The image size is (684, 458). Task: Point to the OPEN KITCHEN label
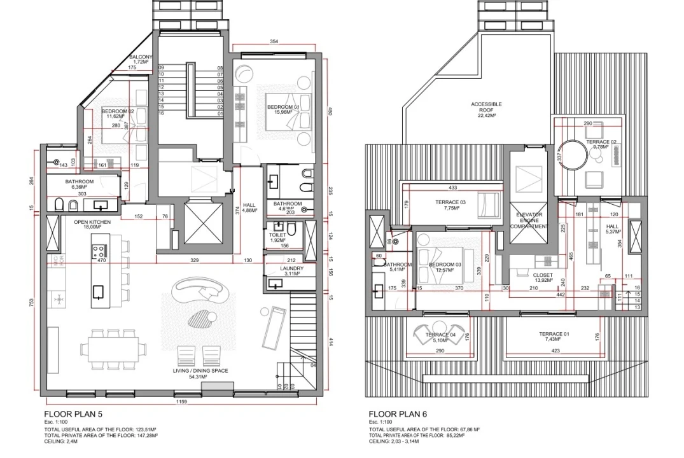92,222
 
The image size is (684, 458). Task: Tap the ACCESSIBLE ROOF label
486,108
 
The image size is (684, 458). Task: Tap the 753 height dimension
32,303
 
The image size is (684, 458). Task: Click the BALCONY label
141,58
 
